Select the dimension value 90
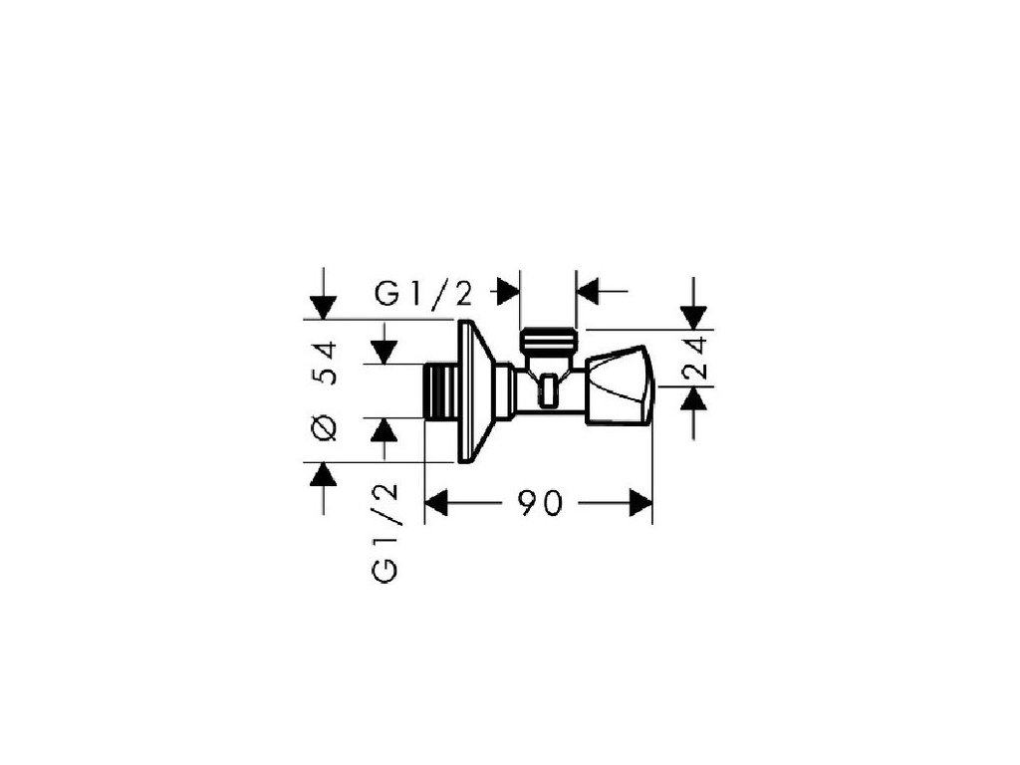[x=539, y=504]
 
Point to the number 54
[x=326, y=363]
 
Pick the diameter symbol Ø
[x=325, y=427]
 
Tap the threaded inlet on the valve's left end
[x=439, y=390]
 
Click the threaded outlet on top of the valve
[x=548, y=341]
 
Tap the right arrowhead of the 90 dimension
[x=639, y=504]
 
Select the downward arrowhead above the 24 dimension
[x=694, y=317]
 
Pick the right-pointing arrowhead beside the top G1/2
[x=508, y=292]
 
